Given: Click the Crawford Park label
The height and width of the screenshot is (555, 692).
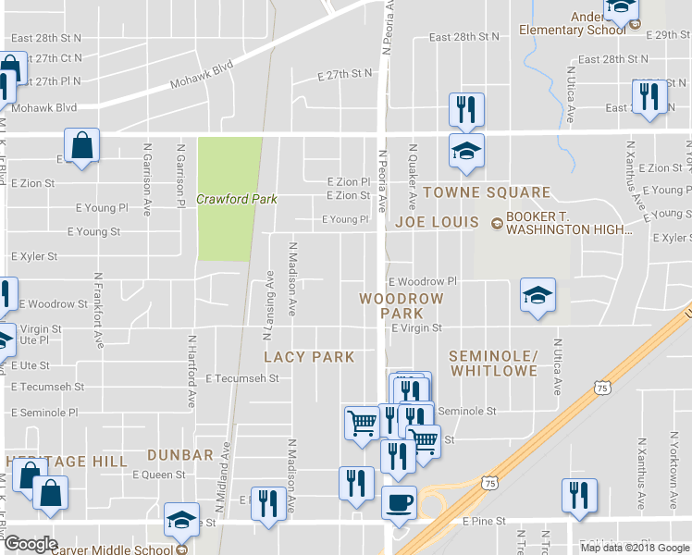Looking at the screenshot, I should pyautogui.click(x=237, y=200).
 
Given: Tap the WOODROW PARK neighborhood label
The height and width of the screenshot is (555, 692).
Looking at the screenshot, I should pyautogui.click(x=402, y=306).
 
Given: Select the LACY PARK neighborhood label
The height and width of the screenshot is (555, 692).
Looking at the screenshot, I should pyautogui.click(x=309, y=357).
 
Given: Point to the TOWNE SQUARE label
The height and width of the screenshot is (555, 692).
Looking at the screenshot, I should pyautogui.click(x=487, y=193).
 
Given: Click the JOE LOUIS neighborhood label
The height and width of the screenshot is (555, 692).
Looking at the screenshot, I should pyautogui.click(x=437, y=222).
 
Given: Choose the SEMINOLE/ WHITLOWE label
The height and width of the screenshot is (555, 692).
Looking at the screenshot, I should pyautogui.click(x=493, y=363).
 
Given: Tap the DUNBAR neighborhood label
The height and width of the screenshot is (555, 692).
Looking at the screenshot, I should pyautogui.click(x=179, y=455).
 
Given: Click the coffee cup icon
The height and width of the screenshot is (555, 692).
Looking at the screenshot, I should pyautogui.click(x=399, y=502).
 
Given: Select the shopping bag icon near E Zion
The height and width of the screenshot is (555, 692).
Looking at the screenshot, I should pyautogui.click(x=82, y=145).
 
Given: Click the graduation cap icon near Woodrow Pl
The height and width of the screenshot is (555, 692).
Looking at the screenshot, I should pyautogui.click(x=538, y=296).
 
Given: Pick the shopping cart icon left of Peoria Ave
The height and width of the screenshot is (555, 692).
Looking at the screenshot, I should pyautogui.click(x=362, y=422).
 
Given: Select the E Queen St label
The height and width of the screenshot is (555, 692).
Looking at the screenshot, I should pyautogui.click(x=159, y=475).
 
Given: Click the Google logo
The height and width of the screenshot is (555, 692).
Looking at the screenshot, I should pyautogui.click(x=31, y=544).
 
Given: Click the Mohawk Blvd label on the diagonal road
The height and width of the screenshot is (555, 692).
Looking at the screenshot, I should pyautogui.click(x=201, y=79).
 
